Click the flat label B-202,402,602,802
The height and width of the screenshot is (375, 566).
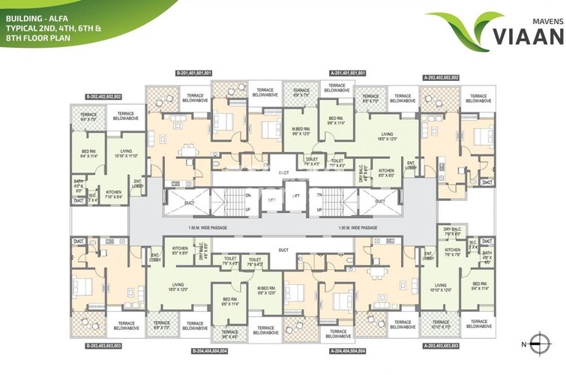(103, 96)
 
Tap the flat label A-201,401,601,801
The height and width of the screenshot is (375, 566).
(347, 73)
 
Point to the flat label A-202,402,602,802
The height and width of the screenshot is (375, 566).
(442, 77)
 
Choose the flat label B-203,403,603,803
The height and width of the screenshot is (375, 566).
(103, 345)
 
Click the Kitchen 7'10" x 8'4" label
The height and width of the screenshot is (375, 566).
(114, 194)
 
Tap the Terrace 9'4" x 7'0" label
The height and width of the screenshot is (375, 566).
(88, 116)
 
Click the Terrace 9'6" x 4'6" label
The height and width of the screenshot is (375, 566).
(229, 334)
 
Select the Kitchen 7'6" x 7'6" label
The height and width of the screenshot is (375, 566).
(452, 252)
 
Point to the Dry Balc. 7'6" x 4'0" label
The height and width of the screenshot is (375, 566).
(451, 231)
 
